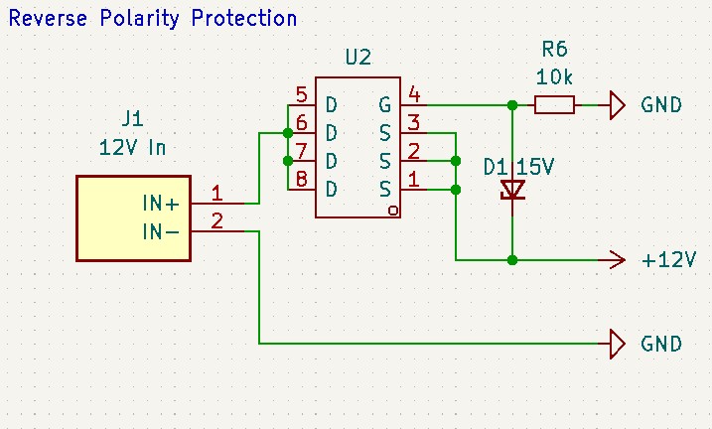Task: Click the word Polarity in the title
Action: click(139, 19)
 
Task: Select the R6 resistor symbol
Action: click(554, 105)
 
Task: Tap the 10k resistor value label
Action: click(554, 77)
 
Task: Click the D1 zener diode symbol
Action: click(512, 190)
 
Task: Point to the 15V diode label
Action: click(535, 167)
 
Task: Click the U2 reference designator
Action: click(358, 58)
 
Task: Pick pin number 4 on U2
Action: click(414, 94)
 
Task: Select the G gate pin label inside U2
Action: click(384, 105)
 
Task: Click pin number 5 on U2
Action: click(302, 95)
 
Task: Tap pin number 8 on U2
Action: click(302, 179)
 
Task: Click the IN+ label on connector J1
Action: click(160, 204)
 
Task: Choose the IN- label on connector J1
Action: click(160, 232)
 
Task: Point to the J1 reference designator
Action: click(133, 119)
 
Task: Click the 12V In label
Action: click(133, 148)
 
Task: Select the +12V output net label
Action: click(668, 260)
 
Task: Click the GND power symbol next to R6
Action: click(618, 105)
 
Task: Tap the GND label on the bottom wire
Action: click(661, 344)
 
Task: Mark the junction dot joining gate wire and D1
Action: click(512, 105)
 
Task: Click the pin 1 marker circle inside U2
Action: click(393, 211)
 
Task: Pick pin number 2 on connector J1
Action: click(217, 221)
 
